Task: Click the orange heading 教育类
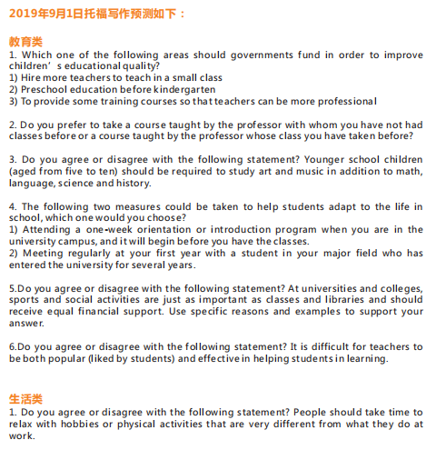coord(25,42)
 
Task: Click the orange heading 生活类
coord(25,399)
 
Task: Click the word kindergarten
coord(183,89)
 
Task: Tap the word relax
coord(23,424)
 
